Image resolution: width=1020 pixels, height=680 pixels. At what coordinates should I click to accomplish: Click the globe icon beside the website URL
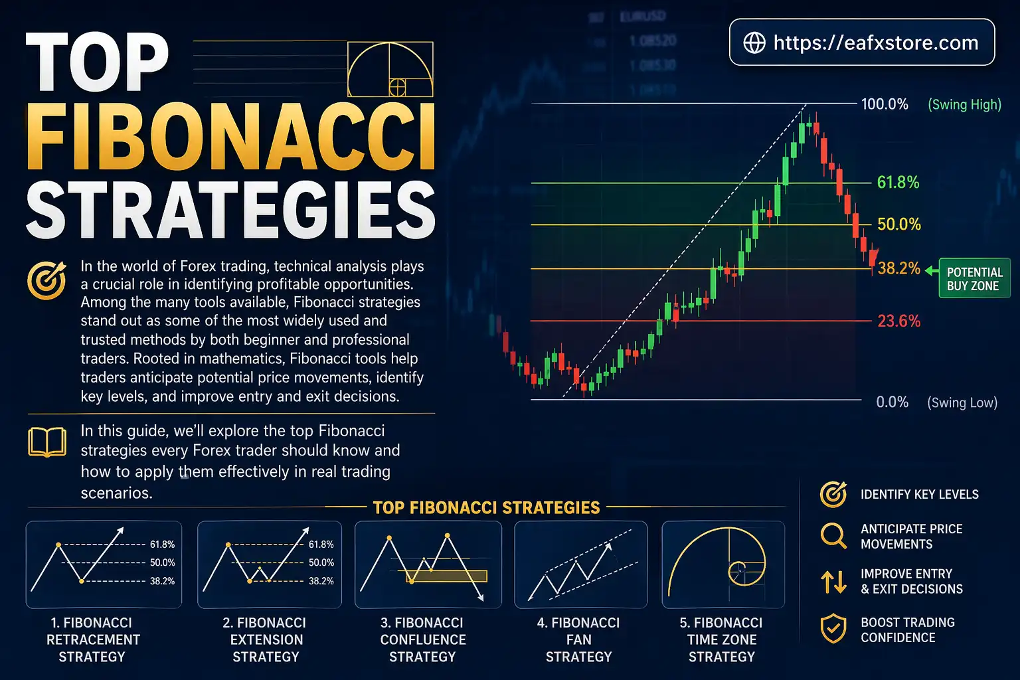(754, 42)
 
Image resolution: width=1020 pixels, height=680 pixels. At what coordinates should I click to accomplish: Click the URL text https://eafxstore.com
(876, 42)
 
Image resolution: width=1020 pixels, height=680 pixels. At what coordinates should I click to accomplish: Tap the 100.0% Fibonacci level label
(885, 104)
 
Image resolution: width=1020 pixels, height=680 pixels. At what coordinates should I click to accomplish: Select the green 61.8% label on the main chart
(898, 183)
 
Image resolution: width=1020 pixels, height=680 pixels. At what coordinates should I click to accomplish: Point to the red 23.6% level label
(899, 321)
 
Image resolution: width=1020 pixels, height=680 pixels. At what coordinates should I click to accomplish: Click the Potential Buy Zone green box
(974, 279)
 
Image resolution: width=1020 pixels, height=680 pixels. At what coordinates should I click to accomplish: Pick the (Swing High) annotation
(964, 104)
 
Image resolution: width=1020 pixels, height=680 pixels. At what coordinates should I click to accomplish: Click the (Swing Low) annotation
(962, 402)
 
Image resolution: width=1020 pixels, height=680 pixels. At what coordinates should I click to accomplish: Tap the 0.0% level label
(892, 402)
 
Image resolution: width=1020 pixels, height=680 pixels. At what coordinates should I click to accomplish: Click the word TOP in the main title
(98, 63)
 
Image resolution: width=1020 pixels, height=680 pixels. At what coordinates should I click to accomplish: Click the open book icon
(47, 442)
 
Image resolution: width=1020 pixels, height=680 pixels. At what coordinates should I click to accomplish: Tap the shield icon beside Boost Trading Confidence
(833, 629)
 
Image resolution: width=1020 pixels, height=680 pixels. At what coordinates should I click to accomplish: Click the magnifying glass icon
(833, 535)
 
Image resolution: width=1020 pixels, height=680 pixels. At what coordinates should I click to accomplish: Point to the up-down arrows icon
(833, 582)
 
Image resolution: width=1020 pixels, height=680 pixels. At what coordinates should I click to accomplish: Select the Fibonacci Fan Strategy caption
(578, 639)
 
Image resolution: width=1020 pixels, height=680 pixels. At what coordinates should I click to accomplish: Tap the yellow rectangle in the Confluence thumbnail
(446, 576)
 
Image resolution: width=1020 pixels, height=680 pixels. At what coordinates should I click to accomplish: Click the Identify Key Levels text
(919, 495)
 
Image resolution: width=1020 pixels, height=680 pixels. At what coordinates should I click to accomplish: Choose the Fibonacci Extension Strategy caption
(265, 639)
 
